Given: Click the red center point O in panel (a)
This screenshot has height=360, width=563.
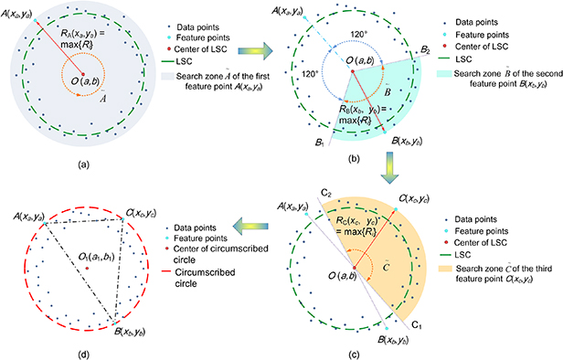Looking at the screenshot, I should click(82, 74).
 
